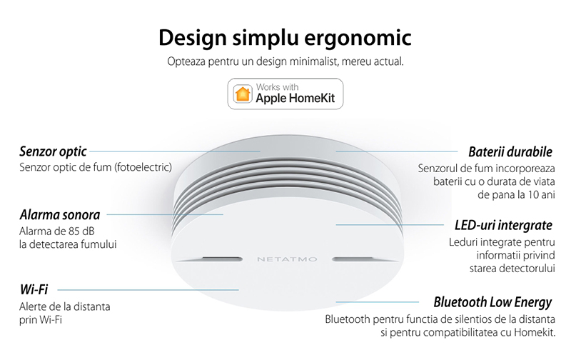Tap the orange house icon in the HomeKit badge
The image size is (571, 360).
[x=243, y=94]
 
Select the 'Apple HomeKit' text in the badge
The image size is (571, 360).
[x=295, y=99]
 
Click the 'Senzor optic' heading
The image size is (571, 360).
[x=53, y=151]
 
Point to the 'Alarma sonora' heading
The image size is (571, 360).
[x=60, y=214]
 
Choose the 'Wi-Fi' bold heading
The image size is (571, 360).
[x=34, y=290]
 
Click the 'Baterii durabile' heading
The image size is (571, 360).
[x=510, y=151]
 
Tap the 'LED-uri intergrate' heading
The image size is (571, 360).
[x=504, y=225]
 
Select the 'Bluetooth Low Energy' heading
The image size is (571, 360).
[x=492, y=302]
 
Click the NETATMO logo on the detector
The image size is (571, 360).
[x=287, y=259]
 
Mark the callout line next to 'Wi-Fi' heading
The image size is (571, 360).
[x=148, y=290]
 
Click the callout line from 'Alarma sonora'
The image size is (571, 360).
[x=165, y=214]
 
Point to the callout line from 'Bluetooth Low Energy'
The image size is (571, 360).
[x=378, y=302]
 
